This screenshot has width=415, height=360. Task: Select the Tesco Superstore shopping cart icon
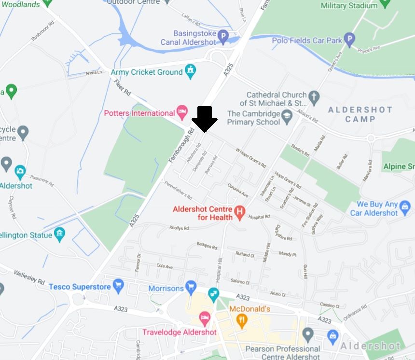click(119, 287)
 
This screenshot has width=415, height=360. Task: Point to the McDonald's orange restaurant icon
click(242, 319)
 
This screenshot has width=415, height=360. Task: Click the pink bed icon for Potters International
click(182, 113)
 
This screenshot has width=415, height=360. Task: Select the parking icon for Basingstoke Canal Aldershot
click(222, 37)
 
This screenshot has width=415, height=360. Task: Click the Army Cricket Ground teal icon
click(191, 72)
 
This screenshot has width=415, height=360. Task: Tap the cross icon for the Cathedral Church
click(314, 98)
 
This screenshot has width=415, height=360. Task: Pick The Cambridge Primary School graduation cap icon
click(287, 116)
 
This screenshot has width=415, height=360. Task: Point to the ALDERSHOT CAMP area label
click(360, 114)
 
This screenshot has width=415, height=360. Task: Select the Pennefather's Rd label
click(178, 190)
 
